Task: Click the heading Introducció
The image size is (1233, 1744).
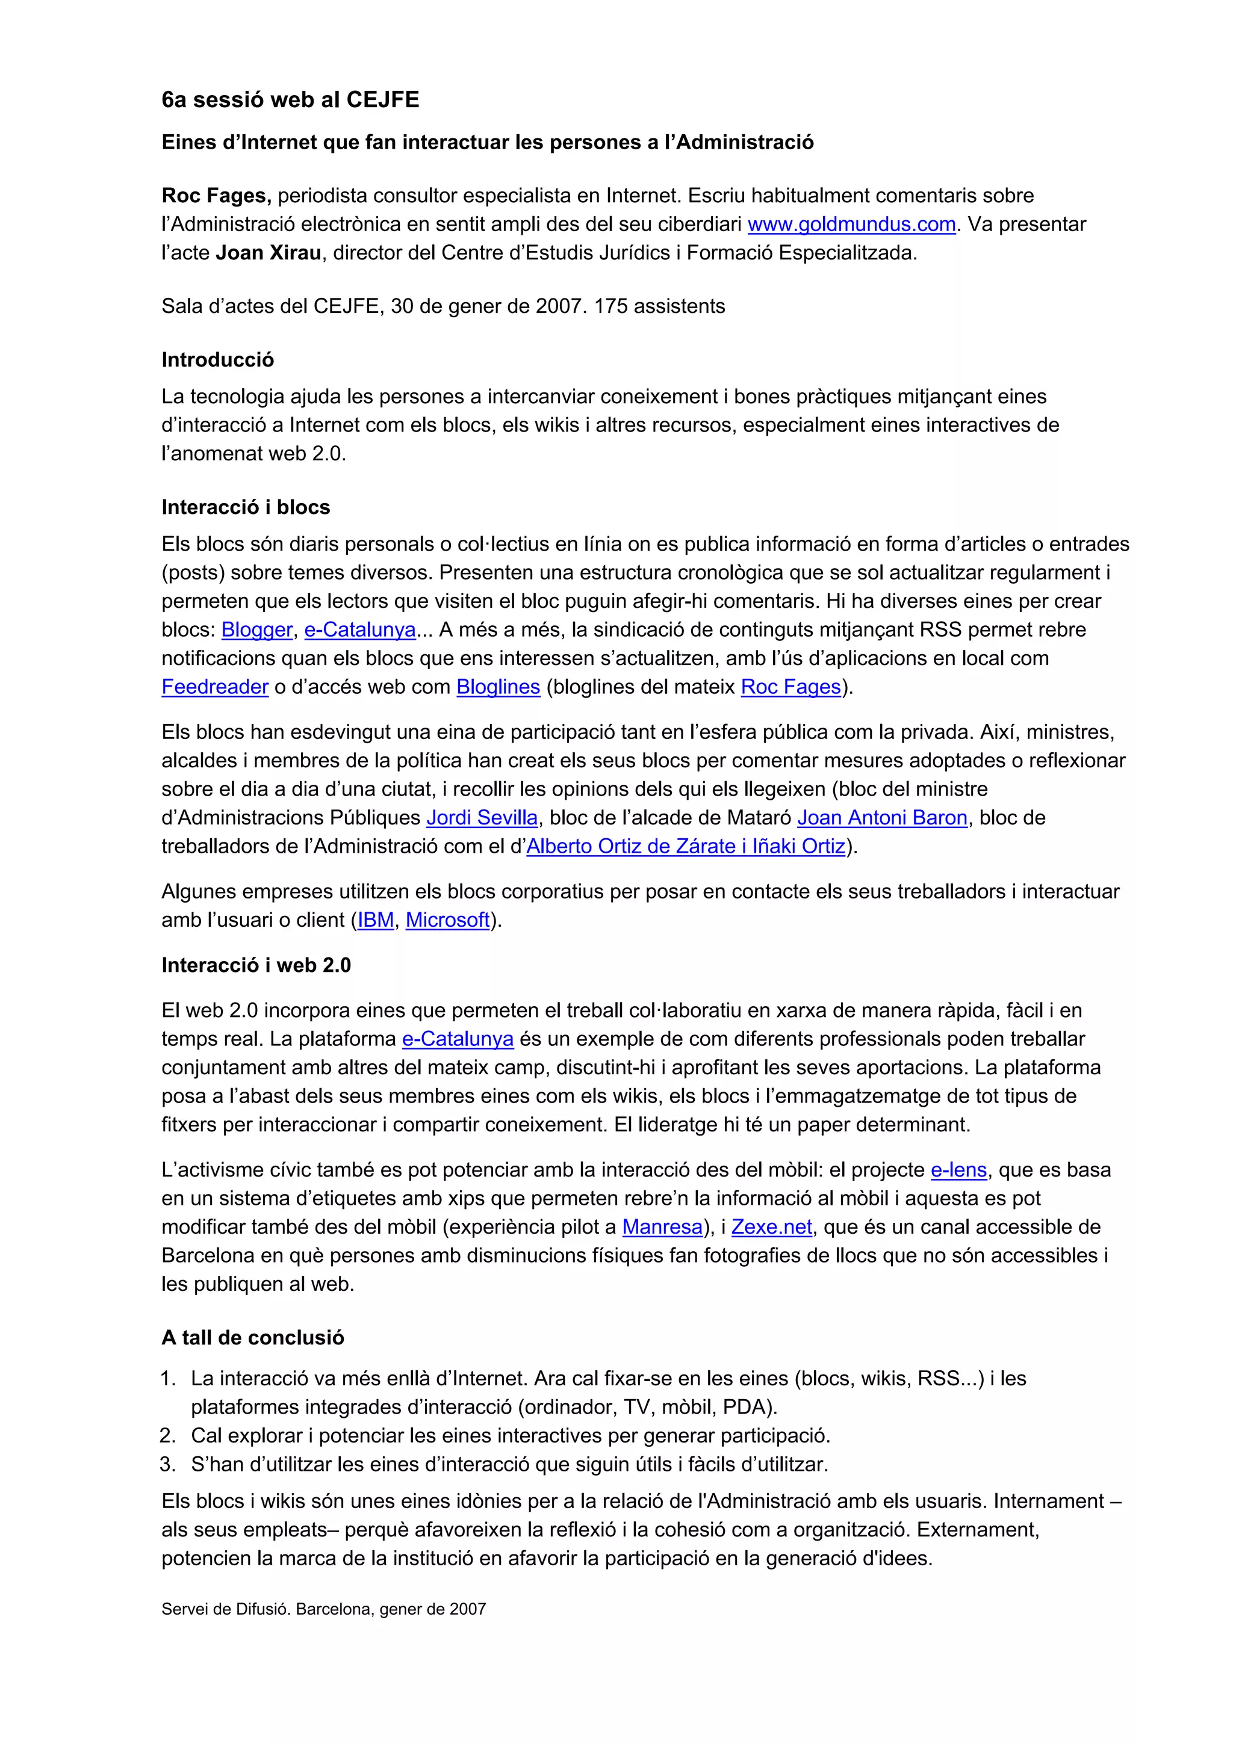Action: pyautogui.click(x=217, y=360)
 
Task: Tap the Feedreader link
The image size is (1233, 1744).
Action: pyautogui.click(x=215, y=687)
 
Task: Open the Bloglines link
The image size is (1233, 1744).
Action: pyautogui.click(x=498, y=687)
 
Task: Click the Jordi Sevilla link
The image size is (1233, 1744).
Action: pyautogui.click(x=482, y=818)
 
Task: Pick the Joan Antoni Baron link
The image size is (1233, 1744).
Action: pyautogui.click(x=881, y=818)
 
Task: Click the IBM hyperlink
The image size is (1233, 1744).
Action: pyautogui.click(x=375, y=920)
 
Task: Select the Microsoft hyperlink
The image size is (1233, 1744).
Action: pyautogui.click(x=447, y=920)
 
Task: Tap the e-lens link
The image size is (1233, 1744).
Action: pyautogui.click(x=958, y=1170)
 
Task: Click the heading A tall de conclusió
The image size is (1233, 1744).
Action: pyautogui.click(x=252, y=1338)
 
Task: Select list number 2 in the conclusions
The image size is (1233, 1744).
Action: pyautogui.click(x=168, y=1436)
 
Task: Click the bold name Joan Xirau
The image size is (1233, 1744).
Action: pyautogui.click(x=268, y=253)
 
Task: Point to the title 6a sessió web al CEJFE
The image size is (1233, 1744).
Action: pyautogui.click(x=290, y=99)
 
